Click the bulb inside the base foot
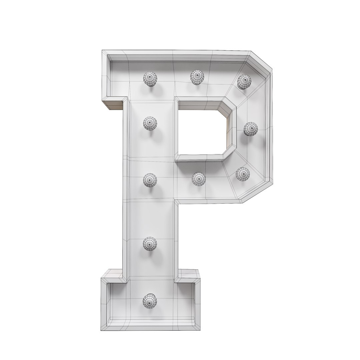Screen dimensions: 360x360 pyautogui.click(x=150, y=301)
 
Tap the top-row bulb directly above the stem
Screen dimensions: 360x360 pyautogui.click(x=150, y=79)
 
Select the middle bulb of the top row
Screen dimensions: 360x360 pyautogui.click(x=197, y=77)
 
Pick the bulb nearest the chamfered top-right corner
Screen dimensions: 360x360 pyautogui.click(x=244, y=82)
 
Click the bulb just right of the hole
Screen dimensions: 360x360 pyautogui.click(x=250, y=129)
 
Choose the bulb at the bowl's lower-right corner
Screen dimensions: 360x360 pyautogui.click(x=243, y=174)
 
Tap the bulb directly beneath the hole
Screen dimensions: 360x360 pyautogui.click(x=199, y=179)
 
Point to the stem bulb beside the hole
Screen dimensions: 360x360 pyautogui.click(x=150, y=123)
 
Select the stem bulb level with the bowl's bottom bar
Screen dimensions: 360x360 pyautogui.click(x=150, y=180)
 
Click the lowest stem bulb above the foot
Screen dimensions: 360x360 pyautogui.click(x=150, y=244)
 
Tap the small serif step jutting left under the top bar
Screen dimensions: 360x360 pyautogui.click(x=113, y=104)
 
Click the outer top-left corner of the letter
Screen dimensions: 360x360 pyautogui.click(x=102, y=51)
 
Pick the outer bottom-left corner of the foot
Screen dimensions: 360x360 pyautogui.click(x=101, y=329)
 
